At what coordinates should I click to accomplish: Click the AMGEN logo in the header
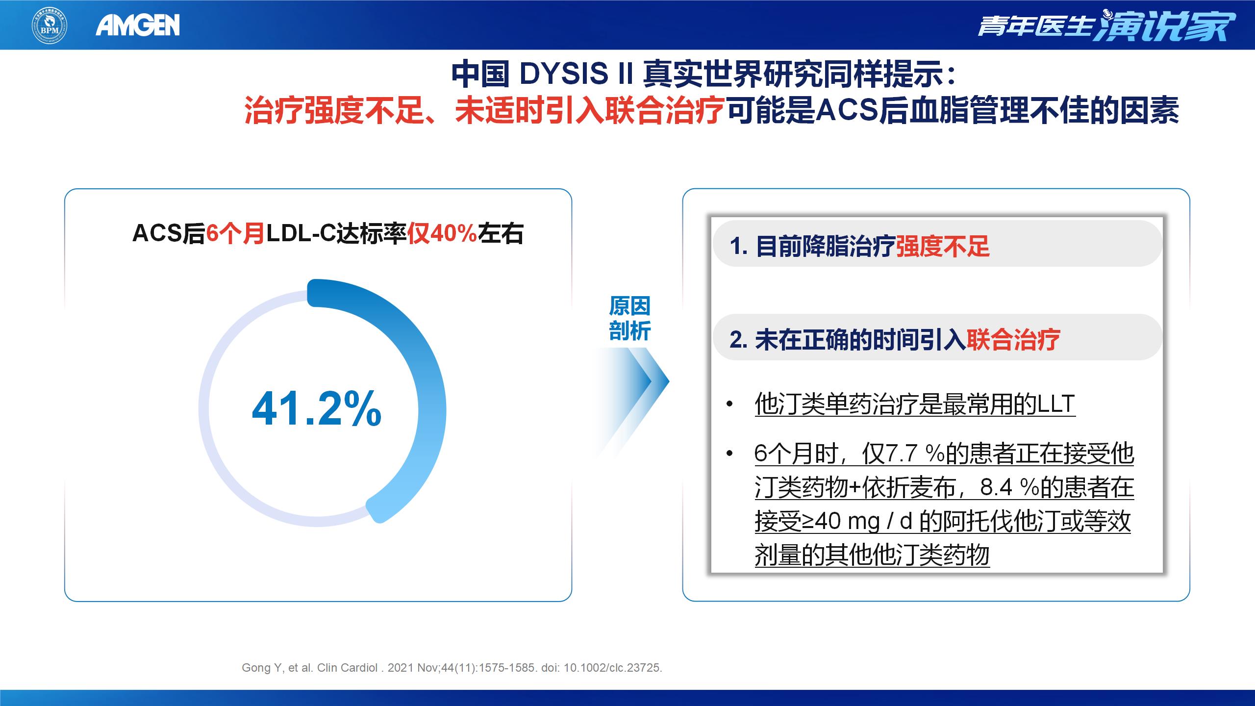[138, 25]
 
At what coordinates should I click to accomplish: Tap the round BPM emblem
[50, 25]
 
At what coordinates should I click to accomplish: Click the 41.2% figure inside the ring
[317, 408]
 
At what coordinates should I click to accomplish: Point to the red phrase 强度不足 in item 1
[943, 246]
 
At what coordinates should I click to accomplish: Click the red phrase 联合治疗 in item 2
[1013, 340]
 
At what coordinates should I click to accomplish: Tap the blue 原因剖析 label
[629, 318]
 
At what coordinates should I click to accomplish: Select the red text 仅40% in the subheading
[442, 233]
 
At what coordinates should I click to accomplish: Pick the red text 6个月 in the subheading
[235, 233]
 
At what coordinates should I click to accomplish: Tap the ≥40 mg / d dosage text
[857, 521]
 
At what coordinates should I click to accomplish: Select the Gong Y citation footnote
[452, 668]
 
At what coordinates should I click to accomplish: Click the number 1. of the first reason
[739, 246]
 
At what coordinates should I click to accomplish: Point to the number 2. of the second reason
[739, 340]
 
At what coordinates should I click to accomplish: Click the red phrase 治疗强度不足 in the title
[334, 111]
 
